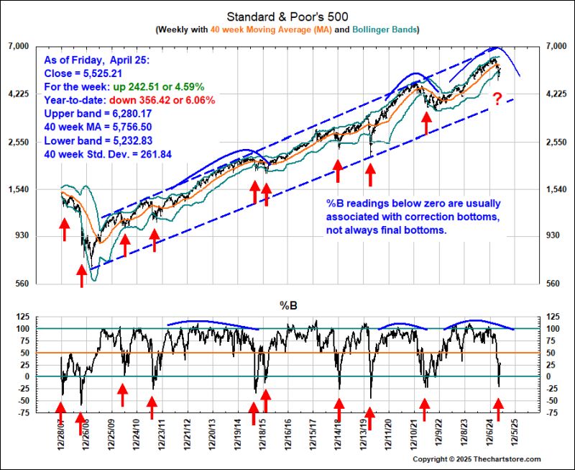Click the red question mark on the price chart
point(497,98)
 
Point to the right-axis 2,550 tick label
point(555,143)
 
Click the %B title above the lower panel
point(287,305)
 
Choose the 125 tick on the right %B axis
point(551,317)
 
